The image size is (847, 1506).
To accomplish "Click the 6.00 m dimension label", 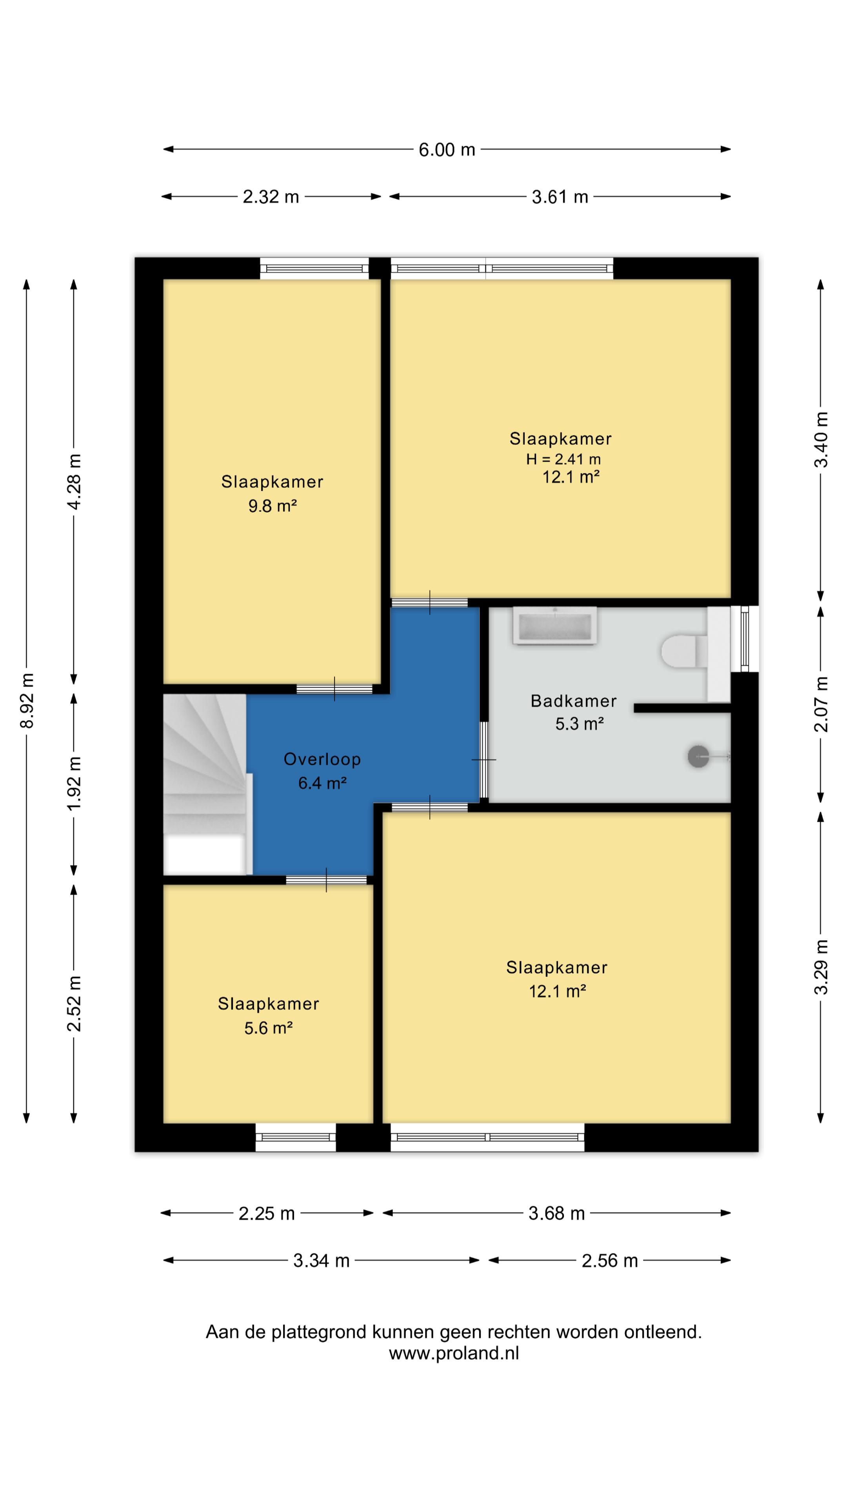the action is (x=447, y=150).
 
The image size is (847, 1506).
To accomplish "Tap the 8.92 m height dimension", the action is (x=27, y=700).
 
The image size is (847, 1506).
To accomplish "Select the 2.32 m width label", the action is (x=271, y=197).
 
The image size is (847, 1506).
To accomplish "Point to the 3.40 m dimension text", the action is (x=821, y=440).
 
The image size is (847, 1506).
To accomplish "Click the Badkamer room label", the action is (x=573, y=701).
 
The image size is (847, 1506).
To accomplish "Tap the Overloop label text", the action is (x=322, y=759).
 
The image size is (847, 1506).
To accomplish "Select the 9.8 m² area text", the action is (x=273, y=506).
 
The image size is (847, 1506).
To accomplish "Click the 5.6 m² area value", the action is (x=268, y=1028).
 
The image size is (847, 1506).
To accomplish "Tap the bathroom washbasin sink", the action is (x=555, y=626).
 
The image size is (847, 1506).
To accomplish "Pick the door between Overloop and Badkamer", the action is (x=484, y=760).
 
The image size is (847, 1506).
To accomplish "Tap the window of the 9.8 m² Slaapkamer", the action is (x=314, y=268).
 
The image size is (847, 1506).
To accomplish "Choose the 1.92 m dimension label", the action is (x=74, y=784).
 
